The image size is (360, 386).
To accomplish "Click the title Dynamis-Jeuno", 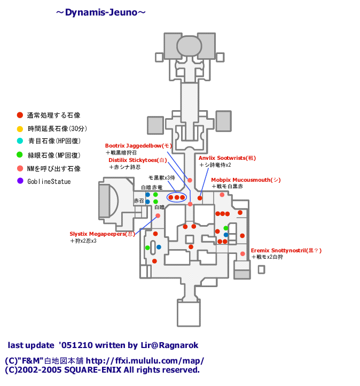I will tap(101, 12).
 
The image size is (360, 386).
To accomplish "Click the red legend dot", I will tap(20, 115).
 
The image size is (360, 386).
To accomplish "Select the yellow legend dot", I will tap(20, 129).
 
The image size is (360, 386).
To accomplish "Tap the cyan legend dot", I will tap(20, 141).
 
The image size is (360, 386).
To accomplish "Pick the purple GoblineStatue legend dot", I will tap(20, 181).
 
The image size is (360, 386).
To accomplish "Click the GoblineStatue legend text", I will tap(49, 182).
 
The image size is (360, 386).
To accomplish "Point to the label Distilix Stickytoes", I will tap(138, 160).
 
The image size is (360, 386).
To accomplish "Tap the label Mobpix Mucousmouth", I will tap(245, 180).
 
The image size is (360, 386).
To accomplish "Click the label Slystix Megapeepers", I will tap(102, 234).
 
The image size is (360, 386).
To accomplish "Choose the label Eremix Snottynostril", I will tap(286, 250).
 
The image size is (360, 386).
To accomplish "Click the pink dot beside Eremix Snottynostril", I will tap(242, 253).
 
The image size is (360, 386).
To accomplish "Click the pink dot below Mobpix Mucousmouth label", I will tap(222, 195).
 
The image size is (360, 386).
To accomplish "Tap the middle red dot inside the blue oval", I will tap(176, 197).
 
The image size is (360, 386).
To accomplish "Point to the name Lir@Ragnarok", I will tap(165, 345).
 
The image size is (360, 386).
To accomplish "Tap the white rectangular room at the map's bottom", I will tap(189, 313).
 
